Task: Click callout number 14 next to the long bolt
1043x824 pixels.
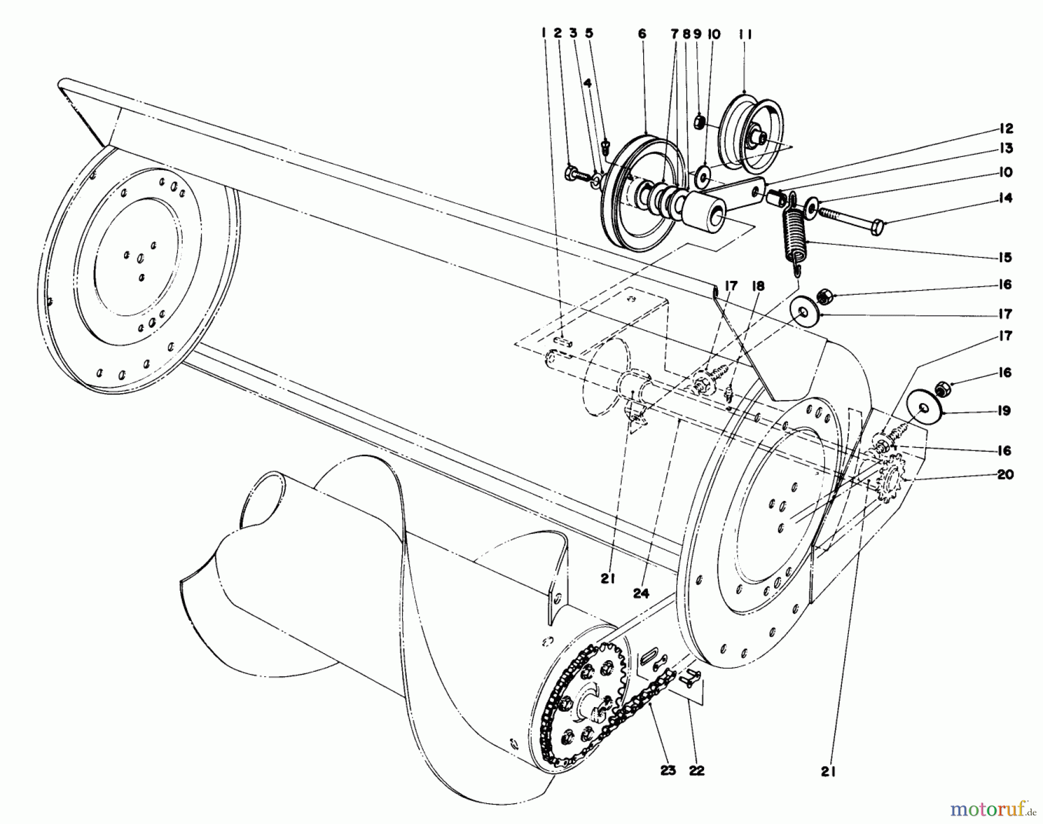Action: pos(1005,198)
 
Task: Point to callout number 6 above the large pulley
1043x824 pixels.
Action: pos(641,34)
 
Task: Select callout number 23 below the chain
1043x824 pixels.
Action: pos(668,771)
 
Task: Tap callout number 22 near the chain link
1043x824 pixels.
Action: pos(696,771)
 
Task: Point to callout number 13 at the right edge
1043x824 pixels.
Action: pos(1006,148)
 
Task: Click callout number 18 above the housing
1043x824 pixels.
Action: pos(757,286)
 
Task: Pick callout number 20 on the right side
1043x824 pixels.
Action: pos(1005,474)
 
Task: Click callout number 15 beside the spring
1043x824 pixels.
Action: pos(1005,257)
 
